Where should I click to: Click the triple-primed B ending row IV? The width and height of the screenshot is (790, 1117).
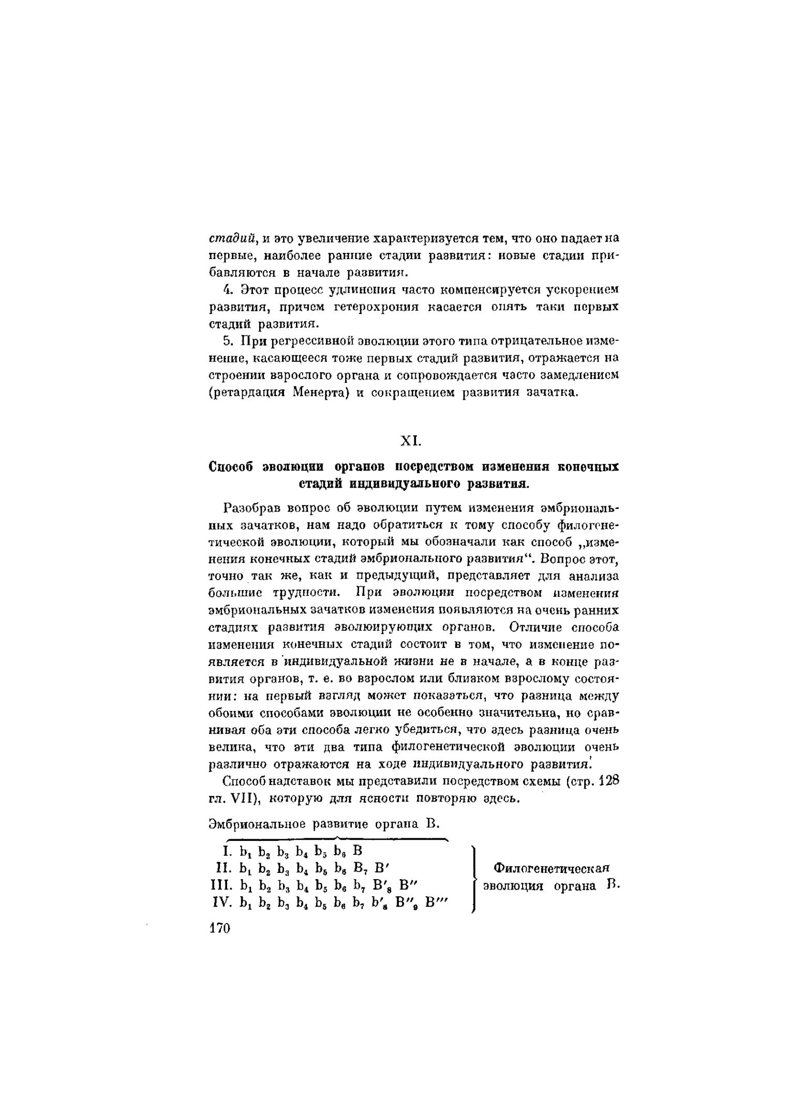pos(436,902)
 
